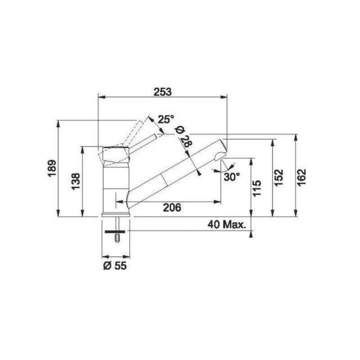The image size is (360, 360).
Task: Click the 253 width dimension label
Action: coord(162,92)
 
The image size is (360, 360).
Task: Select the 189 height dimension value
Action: coord(52,168)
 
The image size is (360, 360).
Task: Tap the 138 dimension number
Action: coord(76,181)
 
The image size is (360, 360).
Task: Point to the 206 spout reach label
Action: coord(172,207)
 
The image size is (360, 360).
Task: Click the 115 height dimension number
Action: coord(256,188)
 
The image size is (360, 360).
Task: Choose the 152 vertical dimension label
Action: coord(279,178)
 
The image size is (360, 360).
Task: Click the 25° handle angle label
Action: coord(166,119)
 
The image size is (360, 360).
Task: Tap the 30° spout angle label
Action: coord(232,177)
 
